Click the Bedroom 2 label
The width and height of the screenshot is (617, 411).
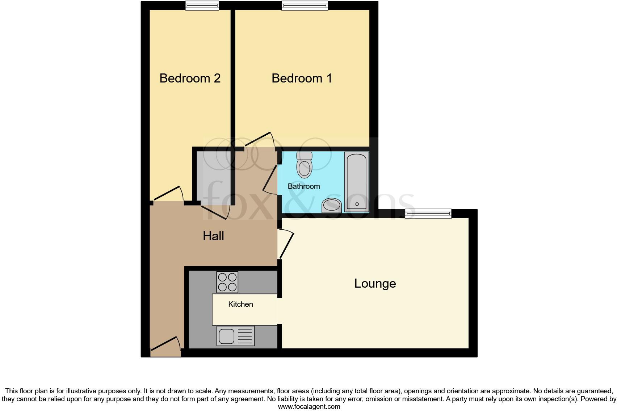coord(190,78)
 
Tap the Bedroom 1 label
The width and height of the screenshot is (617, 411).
coord(302,78)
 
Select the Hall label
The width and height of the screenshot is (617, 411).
coord(213,236)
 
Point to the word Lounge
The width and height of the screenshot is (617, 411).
coord(375,283)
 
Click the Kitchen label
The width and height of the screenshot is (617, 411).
coord(240,304)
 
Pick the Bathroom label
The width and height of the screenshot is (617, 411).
coord(303,186)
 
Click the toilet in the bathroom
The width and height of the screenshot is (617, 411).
coord(304,165)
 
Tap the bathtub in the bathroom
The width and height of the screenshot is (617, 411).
coord(356,182)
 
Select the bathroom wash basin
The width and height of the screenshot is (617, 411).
coord(332,205)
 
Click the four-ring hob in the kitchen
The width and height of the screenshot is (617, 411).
coord(227,282)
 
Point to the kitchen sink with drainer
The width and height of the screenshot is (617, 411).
coord(235,336)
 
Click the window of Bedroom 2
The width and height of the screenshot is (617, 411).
coord(202,5)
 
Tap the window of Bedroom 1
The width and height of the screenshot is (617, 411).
coord(305,5)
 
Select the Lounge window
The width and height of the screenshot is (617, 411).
coord(428,213)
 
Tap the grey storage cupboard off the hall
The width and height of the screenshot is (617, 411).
coord(213,177)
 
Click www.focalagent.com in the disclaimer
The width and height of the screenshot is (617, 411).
coord(309,407)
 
